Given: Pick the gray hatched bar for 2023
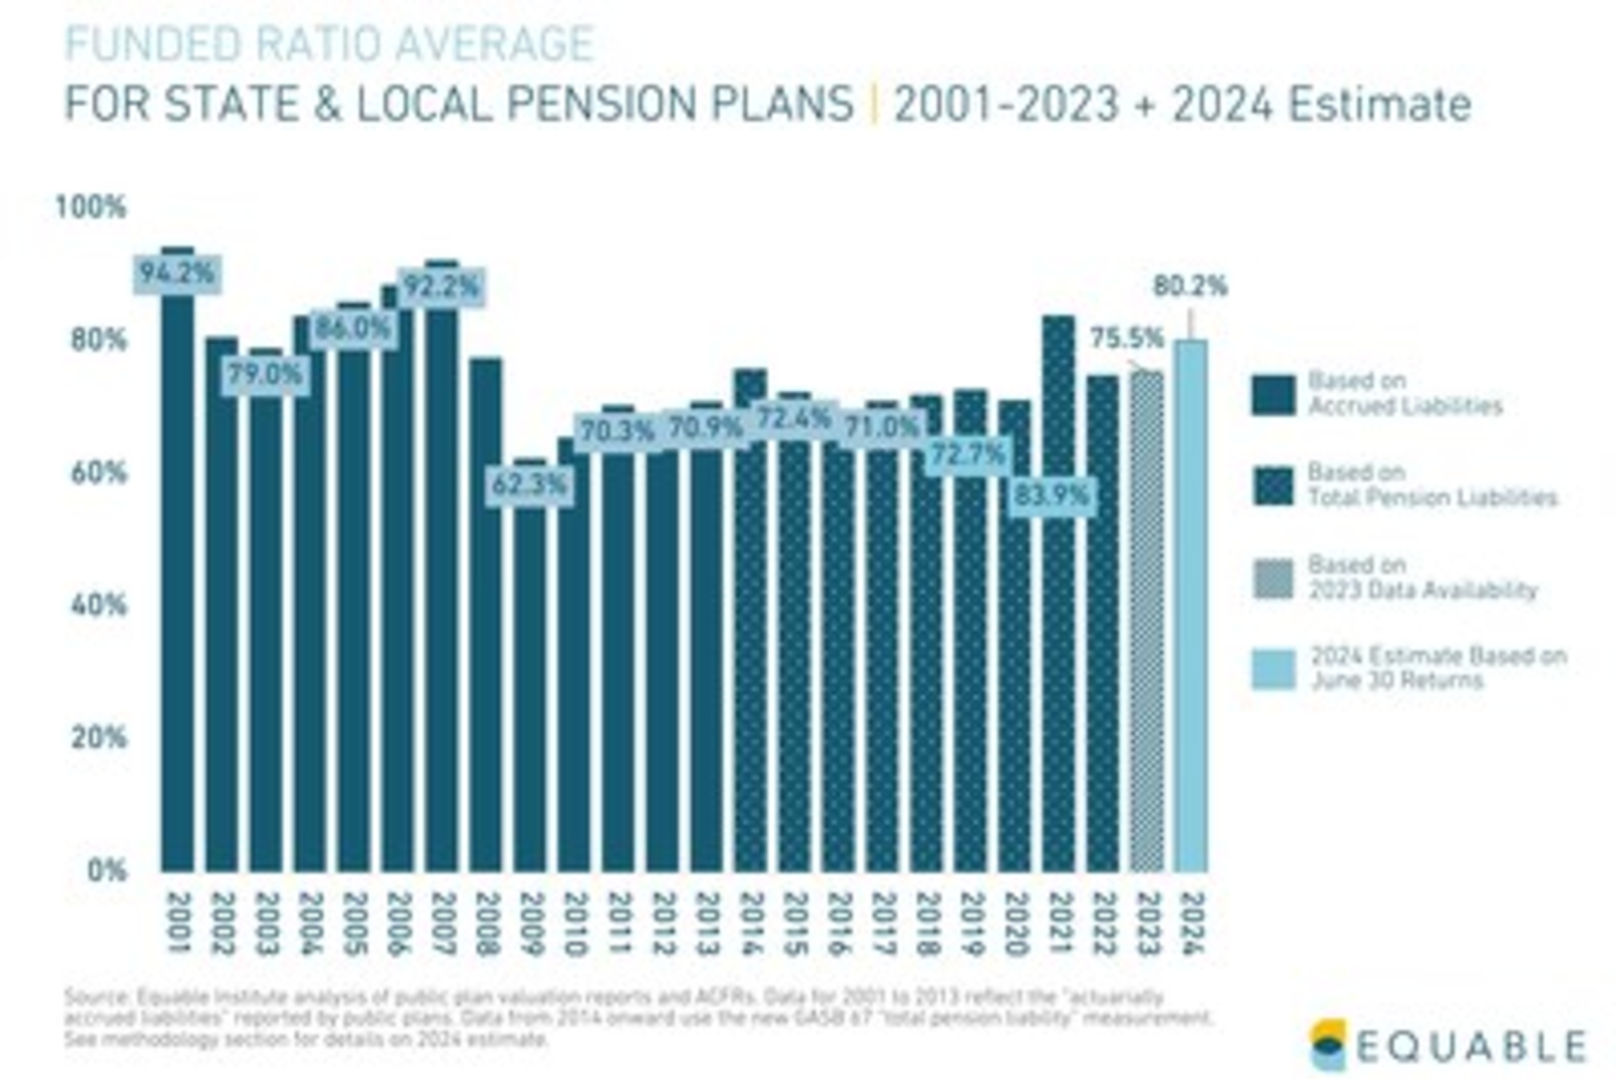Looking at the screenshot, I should click(1147, 622).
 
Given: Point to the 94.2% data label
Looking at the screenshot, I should click(177, 273).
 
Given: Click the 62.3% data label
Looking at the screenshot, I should click(529, 485).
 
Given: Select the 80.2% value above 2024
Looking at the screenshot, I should click(1190, 286).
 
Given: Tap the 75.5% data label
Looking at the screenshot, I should click(1126, 338).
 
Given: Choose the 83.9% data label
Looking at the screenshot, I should click(1052, 496).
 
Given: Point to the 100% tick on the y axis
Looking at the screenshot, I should click(91, 207).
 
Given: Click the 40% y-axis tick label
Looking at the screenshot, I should click(98, 605).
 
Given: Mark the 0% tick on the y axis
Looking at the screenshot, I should click(107, 870).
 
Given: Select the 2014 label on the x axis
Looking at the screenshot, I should click(751, 923).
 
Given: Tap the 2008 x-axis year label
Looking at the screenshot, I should click(486, 923).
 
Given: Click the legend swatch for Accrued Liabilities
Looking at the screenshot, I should click(1273, 394).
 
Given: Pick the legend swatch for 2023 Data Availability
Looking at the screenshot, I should click(1273, 579).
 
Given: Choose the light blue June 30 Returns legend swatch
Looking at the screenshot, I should click(1273, 669).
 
